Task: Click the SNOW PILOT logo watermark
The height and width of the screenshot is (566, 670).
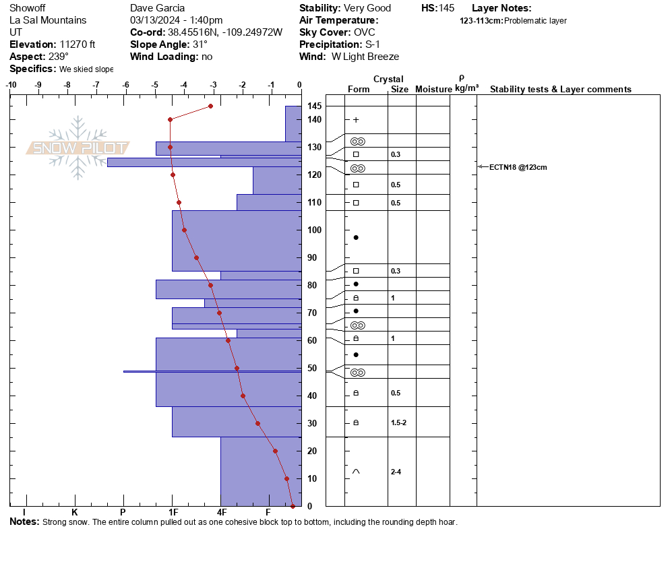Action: coord(78,148)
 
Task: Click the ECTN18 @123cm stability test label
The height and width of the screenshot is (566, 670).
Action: coord(518,168)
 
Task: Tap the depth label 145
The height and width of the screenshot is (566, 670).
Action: coord(315,106)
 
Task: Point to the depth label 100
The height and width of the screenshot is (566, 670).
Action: coord(315,230)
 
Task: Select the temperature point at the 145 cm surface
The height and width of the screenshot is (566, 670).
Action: coord(211,106)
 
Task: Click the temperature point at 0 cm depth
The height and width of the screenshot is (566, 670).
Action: coord(293,506)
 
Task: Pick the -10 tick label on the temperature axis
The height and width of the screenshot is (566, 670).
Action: coord(11,85)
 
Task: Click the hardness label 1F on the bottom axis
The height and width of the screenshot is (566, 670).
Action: coord(173,512)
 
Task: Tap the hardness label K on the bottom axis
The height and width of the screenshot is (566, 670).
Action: coord(74,512)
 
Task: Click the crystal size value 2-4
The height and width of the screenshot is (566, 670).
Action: coord(396,472)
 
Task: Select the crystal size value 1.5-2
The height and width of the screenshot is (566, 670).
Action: coord(398,422)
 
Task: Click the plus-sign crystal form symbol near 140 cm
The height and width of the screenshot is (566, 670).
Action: coord(356,120)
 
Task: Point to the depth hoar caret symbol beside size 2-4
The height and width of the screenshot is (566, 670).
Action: coord(356,472)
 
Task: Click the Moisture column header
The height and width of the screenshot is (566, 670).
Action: coord(433,89)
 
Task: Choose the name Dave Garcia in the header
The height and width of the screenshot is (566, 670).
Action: coord(157,8)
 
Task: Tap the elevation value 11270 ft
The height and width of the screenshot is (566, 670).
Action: coord(78,44)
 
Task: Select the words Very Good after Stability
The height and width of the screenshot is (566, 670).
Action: coord(367,8)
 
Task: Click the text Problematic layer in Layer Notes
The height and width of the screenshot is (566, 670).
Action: coord(535,20)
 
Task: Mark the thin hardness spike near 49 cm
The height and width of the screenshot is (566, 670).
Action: coord(212,372)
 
